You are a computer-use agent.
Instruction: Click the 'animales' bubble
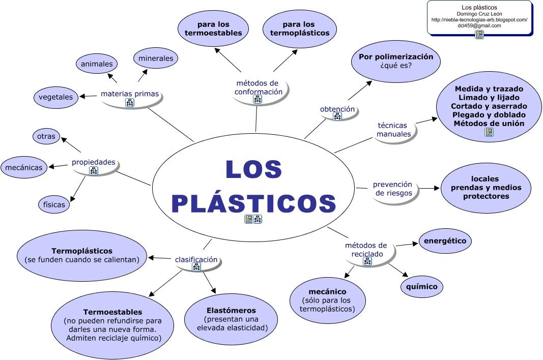pos(97,65)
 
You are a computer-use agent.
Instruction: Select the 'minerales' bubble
pos(156,58)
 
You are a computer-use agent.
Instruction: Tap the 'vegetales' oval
pos(55,97)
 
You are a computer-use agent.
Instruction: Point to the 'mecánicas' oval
pos(24,167)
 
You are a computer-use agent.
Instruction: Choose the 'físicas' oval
pos(54,204)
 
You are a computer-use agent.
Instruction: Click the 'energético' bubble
pos(445,241)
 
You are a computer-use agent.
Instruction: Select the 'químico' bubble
pos(421,286)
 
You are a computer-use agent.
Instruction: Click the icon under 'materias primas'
pos(129,103)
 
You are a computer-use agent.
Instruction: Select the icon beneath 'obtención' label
pos(337,117)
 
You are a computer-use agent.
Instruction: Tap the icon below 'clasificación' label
pos(196,267)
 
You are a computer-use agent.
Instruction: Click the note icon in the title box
pos(479,34)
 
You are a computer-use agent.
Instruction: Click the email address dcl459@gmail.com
pos(479,25)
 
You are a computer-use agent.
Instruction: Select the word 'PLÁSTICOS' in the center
pos(253,203)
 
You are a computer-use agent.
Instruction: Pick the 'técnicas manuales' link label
pos(393,130)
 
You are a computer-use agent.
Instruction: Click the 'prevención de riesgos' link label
pos(392,189)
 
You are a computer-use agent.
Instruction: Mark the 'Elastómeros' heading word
pos(231,310)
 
